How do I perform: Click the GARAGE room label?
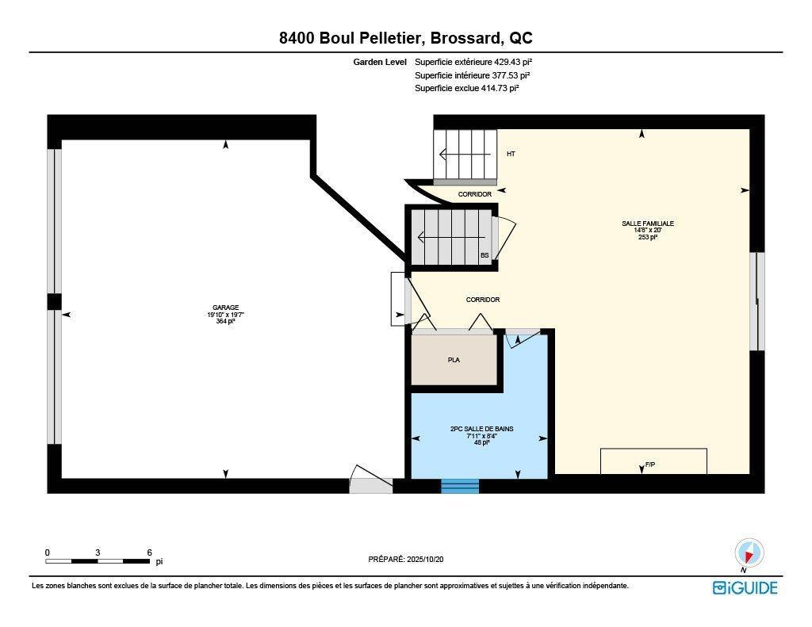225,308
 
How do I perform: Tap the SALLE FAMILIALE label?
647,224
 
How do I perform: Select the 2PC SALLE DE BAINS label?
481,429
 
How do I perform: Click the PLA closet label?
454,360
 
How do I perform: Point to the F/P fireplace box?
653,461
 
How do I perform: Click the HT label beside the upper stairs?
511,154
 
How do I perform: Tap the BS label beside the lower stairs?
485,255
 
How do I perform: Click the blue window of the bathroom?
460,486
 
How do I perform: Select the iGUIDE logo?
745,587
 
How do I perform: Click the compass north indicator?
749,552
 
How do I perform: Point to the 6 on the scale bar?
149,552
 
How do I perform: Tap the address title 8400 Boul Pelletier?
405,39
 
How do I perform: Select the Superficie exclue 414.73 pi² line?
466,89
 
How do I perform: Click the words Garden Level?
381,62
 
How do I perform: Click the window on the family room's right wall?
757,301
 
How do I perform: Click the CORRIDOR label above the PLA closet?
482,300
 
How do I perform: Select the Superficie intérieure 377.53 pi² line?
472,75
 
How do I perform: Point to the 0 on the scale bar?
48,552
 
